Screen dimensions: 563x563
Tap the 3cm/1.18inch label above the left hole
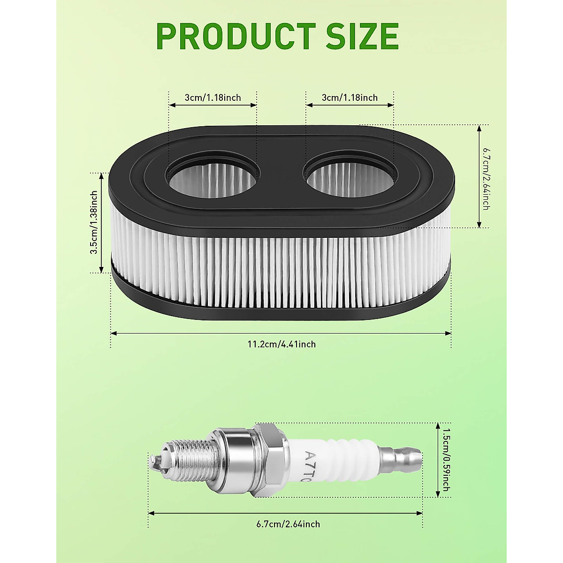(213, 98)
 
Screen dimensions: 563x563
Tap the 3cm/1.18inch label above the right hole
(350, 98)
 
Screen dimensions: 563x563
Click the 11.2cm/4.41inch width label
(281, 344)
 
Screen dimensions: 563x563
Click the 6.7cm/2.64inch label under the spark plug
(288, 524)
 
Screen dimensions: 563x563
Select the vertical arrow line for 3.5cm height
(101, 222)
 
